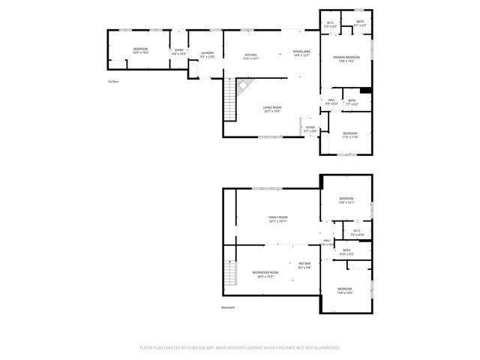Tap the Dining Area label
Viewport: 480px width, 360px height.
coord(301,52)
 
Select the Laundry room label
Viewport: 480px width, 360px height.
coord(208,54)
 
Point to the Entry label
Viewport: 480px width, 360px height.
coord(178,51)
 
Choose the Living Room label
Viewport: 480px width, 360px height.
coord(272,109)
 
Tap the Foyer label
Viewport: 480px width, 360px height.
coord(310,129)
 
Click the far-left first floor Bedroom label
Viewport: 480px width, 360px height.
coord(140,50)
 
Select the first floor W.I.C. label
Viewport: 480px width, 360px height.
coord(331,24)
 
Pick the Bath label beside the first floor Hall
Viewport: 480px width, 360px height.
coord(352,102)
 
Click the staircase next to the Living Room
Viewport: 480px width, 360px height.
coord(231,101)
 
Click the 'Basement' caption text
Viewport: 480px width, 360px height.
coord(228,308)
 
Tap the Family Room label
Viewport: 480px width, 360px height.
coord(278,219)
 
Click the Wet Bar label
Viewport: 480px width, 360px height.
coord(304,265)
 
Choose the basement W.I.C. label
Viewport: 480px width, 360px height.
coord(357,232)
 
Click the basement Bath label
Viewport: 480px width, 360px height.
coord(346,252)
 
